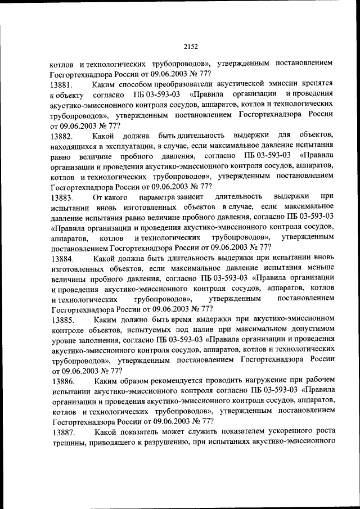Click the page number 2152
point(190,47)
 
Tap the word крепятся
point(317,84)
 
